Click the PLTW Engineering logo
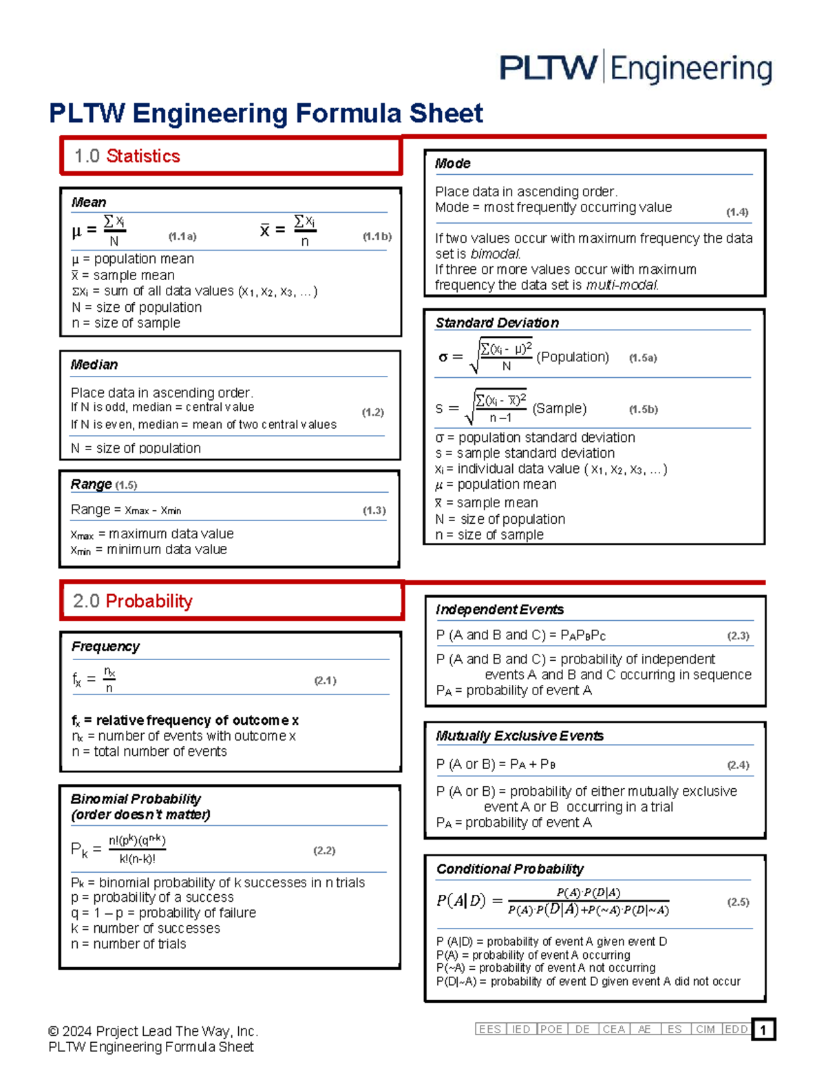[x=635, y=68]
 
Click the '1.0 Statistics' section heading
[x=127, y=156]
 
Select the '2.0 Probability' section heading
[x=132, y=601]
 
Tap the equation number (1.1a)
[x=182, y=236]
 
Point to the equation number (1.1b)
[x=377, y=236]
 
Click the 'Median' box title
[x=94, y=365]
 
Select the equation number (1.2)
[x=372, y=412]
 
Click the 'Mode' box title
[x=452, y=164]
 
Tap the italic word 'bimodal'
[x=495, y=254]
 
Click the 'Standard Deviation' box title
[x=497, y=323]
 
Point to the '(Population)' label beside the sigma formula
[x=573, y=357]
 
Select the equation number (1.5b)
[x=643, y=409]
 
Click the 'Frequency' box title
[x=105, y=646]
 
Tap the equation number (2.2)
[x=324, y=850]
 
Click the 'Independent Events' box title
[x=500, y=609]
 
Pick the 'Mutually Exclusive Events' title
[x=520, y=736]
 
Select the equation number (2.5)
[x=738, y=902]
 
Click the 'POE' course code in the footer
[x=551, y=1029]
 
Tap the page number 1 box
[x=763, y=1030]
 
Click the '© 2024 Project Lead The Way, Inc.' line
[x=153, y=1031]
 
